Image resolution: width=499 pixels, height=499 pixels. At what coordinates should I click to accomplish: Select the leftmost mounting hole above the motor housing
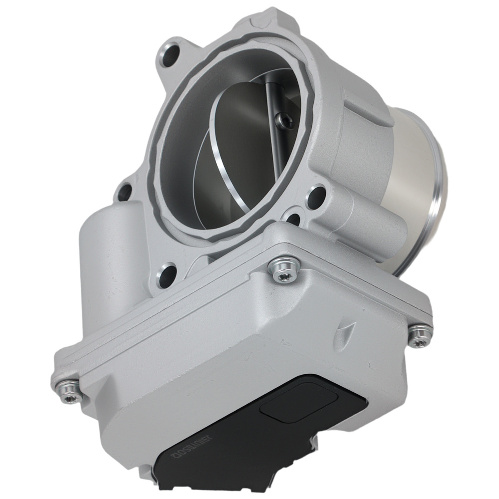coord(124,191)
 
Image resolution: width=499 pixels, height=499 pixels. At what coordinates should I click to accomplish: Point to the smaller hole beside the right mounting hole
coord(294,219)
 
